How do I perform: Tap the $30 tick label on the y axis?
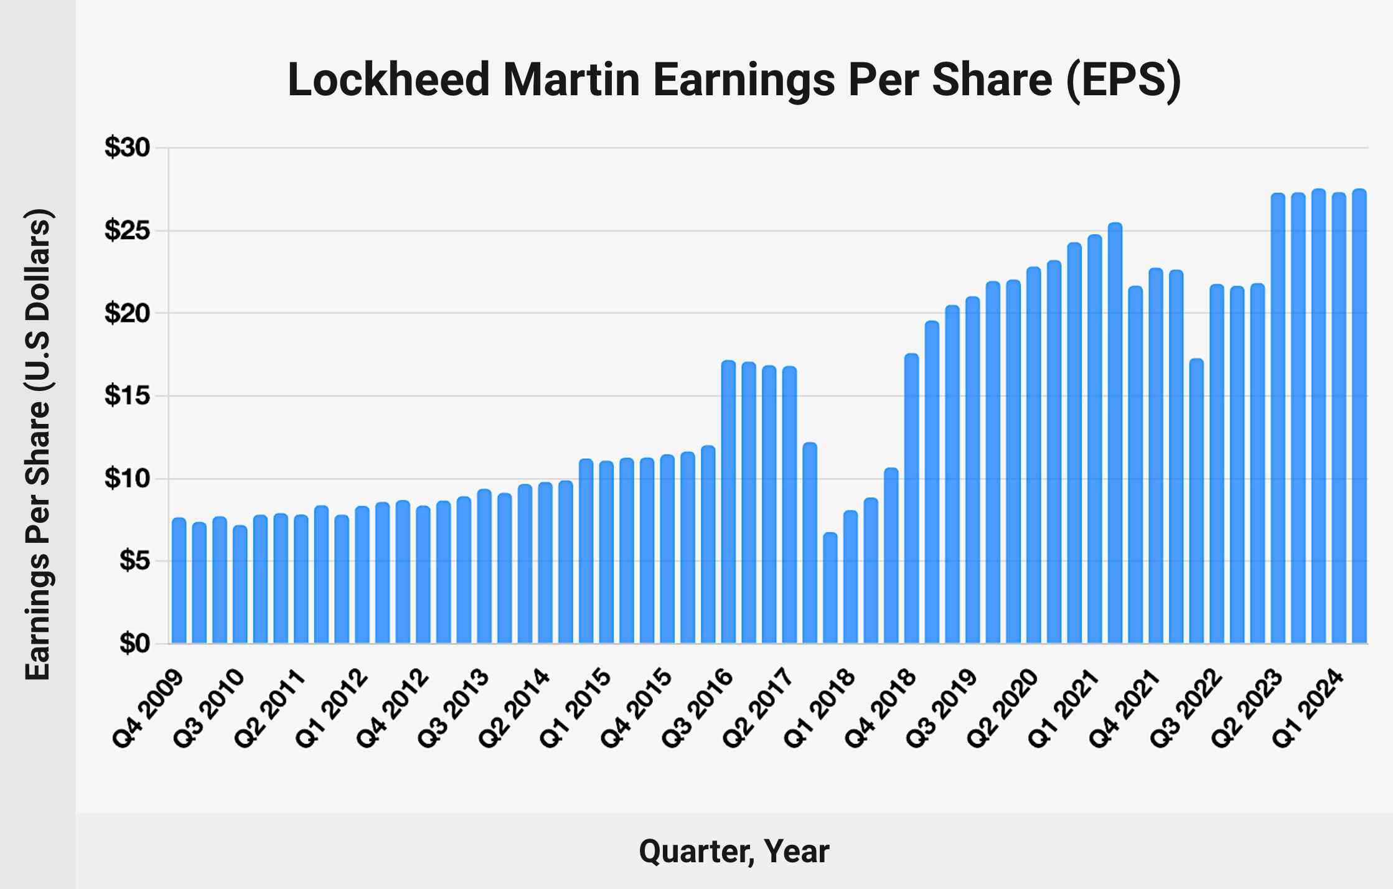click(127, 148)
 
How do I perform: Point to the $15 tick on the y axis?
click(127, 395)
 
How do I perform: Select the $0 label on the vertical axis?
click(134, 643)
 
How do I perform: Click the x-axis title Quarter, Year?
click(734, 851)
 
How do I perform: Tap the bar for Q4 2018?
click(911, 498)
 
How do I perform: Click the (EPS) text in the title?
click(1123, 80)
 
